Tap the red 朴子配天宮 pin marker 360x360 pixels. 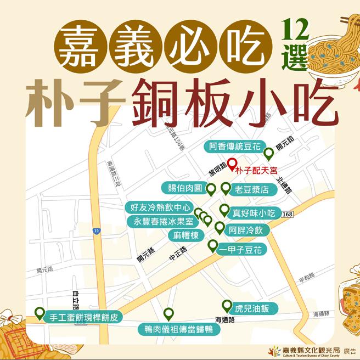click(x=232, y=163)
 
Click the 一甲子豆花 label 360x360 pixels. click(x=242, y=250)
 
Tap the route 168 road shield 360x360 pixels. click(x=290, y=213)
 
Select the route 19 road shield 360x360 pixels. click(x=97, y=231)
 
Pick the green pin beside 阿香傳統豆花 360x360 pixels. click(x=269, y=153)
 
